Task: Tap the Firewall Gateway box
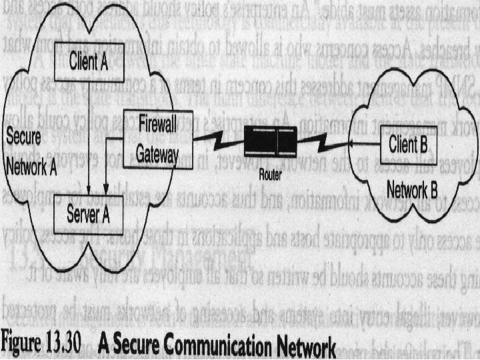[158, 138]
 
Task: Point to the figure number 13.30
[63, 346]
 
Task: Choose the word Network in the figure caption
[301, 347]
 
